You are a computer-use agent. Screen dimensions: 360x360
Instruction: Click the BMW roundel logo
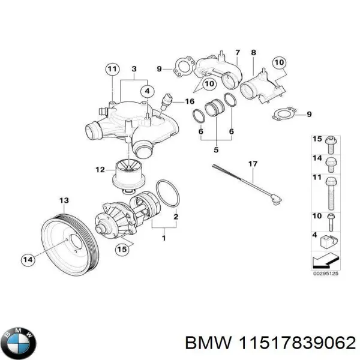[x=20, y=343]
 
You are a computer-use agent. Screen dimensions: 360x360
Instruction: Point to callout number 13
[x=63, y=200]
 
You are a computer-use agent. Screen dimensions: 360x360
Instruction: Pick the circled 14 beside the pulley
[x=28, y=260]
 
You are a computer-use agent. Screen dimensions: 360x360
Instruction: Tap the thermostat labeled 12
[x=128, y=176]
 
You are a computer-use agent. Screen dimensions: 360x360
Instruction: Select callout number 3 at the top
[x=134, y=70]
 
